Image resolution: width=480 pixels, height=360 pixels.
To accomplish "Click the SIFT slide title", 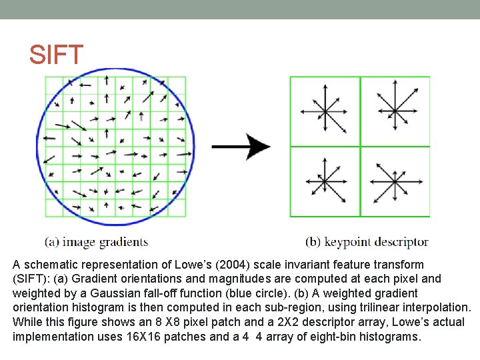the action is tap(56, 55).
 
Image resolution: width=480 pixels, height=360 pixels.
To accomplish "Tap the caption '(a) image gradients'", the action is tap(97, 241).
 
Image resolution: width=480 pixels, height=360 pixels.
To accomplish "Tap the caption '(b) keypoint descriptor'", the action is tap(367, 241).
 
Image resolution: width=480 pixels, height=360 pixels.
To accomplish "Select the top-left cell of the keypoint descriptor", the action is tap(325, 111).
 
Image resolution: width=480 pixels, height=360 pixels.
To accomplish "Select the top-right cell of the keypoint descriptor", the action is tap(395, 111).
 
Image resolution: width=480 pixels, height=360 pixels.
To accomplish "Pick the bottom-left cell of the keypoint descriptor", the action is tap(325, 181).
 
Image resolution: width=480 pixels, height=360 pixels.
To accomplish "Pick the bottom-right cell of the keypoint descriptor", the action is tap(395, 181).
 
